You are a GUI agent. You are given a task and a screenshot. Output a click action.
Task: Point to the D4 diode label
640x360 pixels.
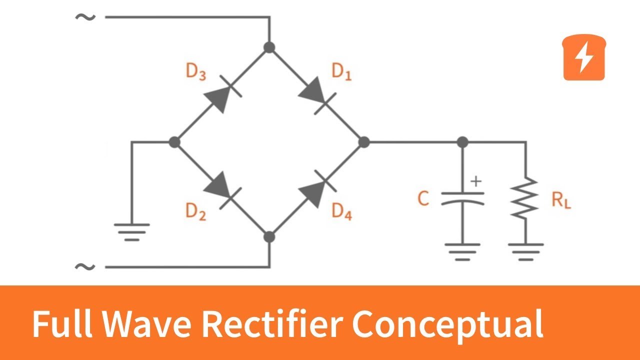342,212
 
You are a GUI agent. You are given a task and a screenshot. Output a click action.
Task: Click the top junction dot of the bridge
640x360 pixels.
269,47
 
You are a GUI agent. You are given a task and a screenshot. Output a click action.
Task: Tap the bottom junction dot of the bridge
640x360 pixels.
269,236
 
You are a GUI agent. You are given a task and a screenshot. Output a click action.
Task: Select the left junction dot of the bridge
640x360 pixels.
174,142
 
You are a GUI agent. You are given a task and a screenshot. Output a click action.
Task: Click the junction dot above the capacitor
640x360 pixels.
463,142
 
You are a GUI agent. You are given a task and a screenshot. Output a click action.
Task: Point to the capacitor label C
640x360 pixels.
423,199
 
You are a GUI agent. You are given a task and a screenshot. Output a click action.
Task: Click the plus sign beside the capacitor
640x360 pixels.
476,181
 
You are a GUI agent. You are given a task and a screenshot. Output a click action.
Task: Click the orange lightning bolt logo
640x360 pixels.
584,57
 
